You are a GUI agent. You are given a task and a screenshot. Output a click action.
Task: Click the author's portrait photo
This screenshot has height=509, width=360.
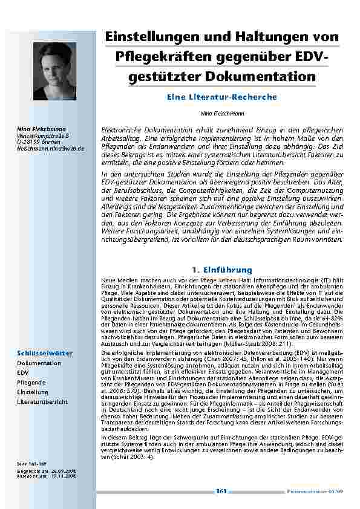(54, 71)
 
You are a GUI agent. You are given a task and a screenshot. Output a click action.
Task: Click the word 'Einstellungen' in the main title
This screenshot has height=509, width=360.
(148, 37)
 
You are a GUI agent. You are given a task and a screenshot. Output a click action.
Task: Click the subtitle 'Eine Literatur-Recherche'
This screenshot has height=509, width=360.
(221, 97)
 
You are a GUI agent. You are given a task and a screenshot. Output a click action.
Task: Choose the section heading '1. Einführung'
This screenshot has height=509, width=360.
(221, 270)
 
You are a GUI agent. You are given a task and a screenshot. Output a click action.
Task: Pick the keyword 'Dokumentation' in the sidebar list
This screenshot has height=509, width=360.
(39, 363)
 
